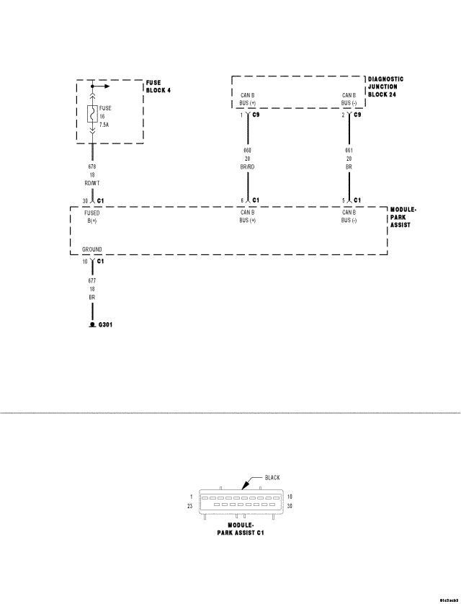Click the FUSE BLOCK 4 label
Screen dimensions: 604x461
tap(158, 87)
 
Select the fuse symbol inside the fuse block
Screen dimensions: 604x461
tap(92, 114)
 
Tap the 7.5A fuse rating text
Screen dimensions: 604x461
tap(104, 124)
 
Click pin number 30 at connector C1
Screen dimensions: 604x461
tap(84, 200)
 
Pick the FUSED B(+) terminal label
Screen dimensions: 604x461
tap(92, 217)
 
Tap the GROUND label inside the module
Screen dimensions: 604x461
tap(91, 249)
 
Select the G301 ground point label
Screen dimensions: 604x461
tap(105, 325)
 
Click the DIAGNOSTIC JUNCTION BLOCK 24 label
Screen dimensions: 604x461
tap(385, 87)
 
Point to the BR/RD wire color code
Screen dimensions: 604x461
tap(248, 166)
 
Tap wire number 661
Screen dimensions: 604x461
tap(349, 150)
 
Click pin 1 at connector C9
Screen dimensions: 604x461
tap(242, 115)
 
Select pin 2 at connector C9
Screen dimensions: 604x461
tap(344, 115)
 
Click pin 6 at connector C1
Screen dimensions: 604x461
tap(242, 200)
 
